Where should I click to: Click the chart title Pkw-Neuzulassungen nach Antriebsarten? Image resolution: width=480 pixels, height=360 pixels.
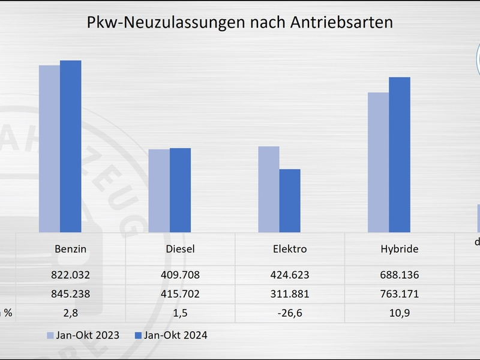point(240,23)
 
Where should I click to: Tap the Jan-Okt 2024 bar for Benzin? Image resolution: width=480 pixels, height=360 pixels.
point(70,146)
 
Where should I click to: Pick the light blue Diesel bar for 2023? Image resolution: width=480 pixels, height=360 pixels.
point(159,191)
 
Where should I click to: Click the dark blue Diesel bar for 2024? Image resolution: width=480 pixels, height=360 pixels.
point(180,190)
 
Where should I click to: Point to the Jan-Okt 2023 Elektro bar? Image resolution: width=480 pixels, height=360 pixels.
point(269,189)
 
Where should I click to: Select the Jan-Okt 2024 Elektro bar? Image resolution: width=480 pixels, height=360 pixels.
point(290,200)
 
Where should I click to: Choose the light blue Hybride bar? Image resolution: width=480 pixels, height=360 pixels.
point(378,162)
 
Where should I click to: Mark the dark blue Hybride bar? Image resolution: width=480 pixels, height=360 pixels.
point(400,155)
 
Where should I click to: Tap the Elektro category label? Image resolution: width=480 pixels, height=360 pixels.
point(290,249)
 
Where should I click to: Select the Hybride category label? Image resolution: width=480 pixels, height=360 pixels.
point(400,249)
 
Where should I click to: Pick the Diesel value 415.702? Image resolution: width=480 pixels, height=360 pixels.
point(180,295)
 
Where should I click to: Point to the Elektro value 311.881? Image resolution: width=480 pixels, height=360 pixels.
point(290,295)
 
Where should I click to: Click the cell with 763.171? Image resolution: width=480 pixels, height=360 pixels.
point(400,295)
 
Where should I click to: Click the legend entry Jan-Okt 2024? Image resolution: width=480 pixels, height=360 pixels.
point(171,335)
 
